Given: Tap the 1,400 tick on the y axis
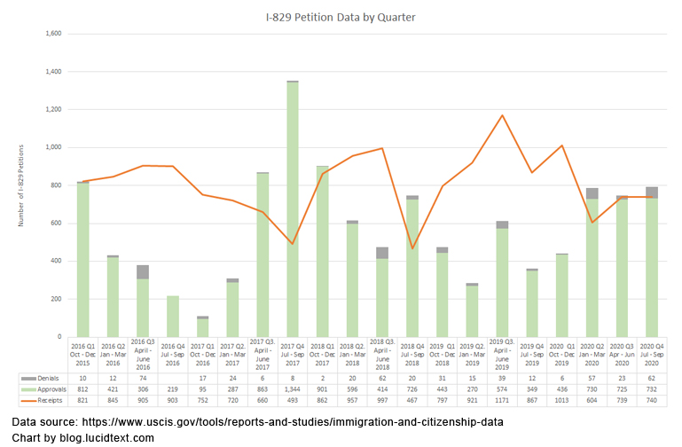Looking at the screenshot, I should coord(53,71).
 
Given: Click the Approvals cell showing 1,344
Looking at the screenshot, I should coord(293,389).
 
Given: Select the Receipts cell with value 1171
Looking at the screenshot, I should coord(503,401).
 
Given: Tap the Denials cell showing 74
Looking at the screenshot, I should coord(143,378).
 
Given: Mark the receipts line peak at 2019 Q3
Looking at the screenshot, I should coord(503,115).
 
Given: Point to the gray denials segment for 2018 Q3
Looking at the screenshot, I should coord(383,253).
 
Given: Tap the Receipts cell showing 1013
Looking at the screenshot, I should coord(563,401).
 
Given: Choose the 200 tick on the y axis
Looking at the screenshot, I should coord(57,299).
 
